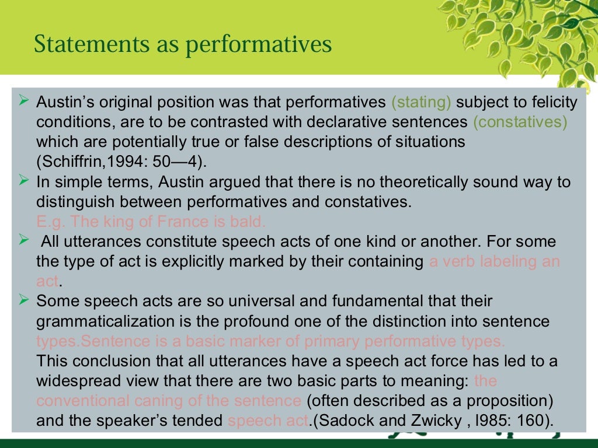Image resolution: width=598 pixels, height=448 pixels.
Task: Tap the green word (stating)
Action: point(422,103)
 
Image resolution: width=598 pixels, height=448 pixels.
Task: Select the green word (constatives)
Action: point(520,123)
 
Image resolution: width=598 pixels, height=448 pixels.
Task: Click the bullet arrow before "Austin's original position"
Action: point(24,101)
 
